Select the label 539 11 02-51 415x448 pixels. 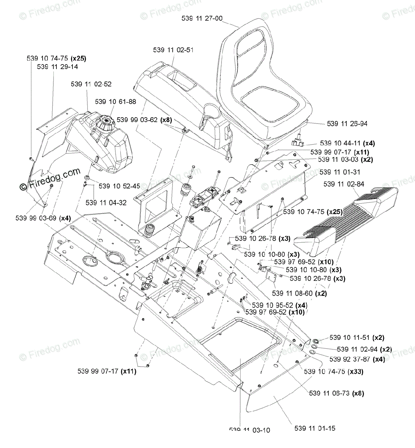(x=173, y=50)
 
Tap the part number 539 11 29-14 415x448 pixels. (x=58, y=66)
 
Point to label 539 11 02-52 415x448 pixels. (x=91, y=84)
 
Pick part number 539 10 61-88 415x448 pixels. (x=115, y=101)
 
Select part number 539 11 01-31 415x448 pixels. (x=340, y=172)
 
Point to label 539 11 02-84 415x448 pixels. (x=344, y=184)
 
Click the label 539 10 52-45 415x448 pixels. (x=120, y=186)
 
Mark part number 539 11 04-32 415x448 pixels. (x=106, y=203)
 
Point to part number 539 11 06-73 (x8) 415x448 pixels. (x=337, y=393)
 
